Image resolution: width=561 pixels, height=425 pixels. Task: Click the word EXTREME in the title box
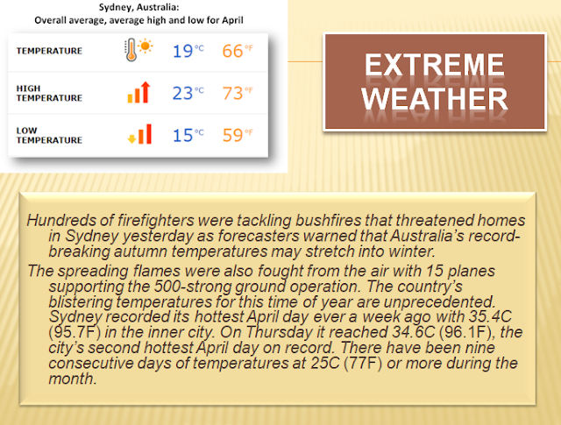(435, 65)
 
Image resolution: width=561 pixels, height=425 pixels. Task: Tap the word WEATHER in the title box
(435, 99)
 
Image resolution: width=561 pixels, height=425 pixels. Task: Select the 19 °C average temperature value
(188, 51)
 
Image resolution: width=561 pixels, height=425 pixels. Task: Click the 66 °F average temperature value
(238, 51)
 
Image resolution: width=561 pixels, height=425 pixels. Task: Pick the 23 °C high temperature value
(188, 93)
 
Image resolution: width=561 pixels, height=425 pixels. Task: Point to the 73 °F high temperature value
(238, 93)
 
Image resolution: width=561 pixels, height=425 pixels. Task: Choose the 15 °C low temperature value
(188, 135)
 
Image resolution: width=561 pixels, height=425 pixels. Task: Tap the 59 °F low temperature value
(238, 135)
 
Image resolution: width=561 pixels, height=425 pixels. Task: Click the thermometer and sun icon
(138, 50)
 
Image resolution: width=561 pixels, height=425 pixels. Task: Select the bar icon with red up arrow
(138, 92)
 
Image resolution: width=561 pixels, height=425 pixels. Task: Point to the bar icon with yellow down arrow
(139, 134)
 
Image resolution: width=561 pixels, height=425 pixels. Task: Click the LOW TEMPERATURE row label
(49, 135)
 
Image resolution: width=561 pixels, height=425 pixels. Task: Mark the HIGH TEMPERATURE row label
(49, 93)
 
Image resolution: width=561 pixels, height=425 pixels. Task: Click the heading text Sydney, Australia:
(138, 7)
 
